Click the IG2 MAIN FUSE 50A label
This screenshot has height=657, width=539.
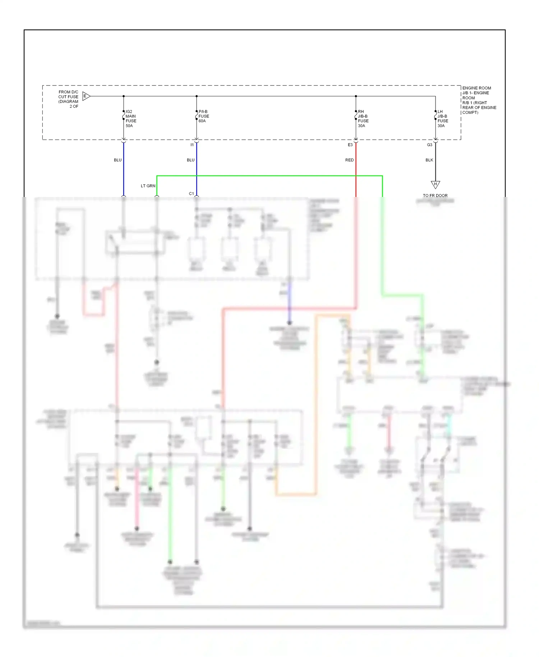pos(130,119)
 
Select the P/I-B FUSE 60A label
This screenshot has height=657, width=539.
pos(203,116)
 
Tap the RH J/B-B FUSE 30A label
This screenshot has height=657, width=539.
pos(363,119)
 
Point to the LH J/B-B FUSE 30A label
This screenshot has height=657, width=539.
pos(442,119)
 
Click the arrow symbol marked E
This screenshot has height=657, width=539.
pos(86,96)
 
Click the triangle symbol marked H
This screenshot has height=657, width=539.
pos(435,184)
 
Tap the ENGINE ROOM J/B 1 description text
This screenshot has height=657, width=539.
pos(479,100)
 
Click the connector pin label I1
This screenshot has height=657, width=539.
pos(192,145)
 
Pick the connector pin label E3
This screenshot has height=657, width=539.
pos(350,145)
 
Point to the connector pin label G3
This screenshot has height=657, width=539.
pos(429,145)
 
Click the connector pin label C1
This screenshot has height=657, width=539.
pos(191,194)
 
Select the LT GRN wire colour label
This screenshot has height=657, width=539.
pos(148,186)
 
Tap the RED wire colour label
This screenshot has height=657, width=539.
pos(349,160)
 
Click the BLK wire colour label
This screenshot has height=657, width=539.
pos(429,160)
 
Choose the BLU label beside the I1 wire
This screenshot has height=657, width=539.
pos(190,160)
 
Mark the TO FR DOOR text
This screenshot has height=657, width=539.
pos(435,196)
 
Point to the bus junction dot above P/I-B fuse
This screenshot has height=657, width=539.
pos(197,96)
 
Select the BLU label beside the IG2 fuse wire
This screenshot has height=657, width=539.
pos(118,160)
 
